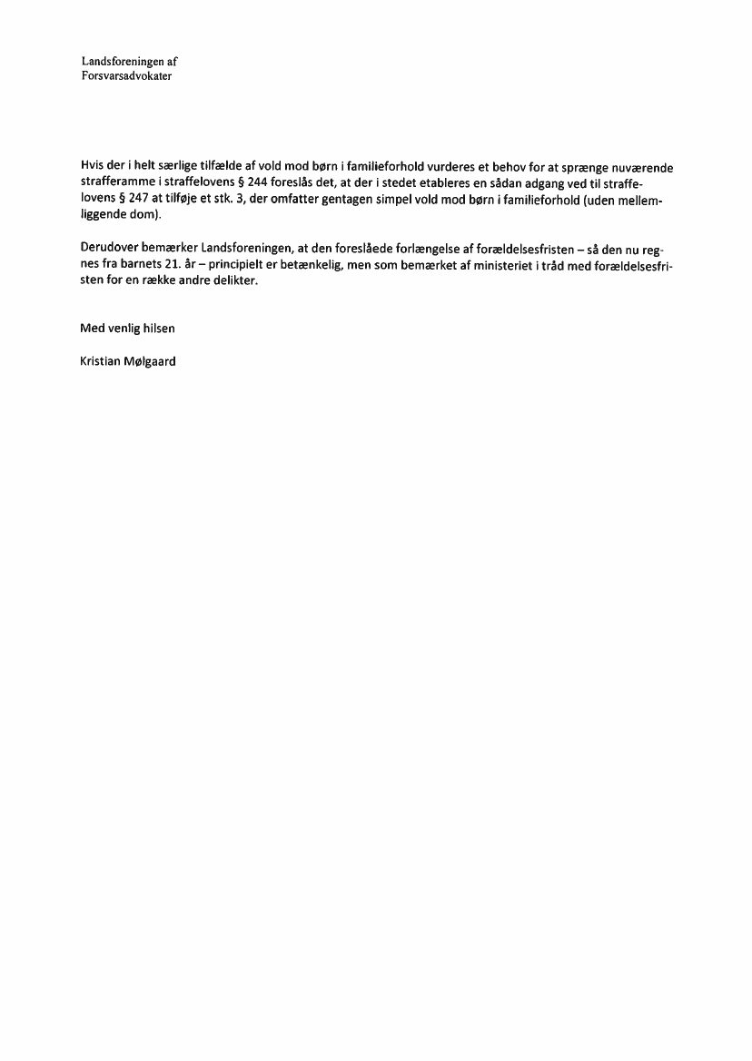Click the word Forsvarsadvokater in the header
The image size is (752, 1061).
(127, 76)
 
